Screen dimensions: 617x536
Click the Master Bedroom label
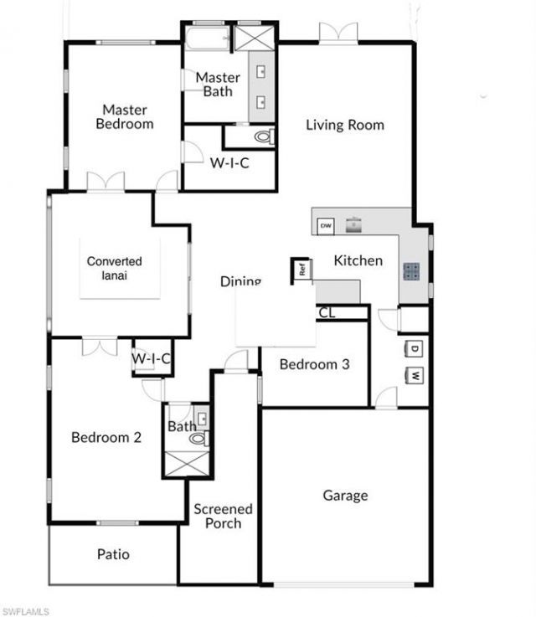coord(125,116)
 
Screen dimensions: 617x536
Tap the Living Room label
coord(344,125)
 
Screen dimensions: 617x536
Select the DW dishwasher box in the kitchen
coord(326,225)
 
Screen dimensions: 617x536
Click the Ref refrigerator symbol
coord(301,270)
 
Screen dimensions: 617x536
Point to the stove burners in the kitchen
coord(412,270)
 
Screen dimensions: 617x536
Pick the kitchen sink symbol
coord(355,224)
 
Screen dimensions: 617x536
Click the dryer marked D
coord(415,347)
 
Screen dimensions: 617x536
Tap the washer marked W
coord(415,374)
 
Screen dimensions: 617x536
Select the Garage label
coord(345,495)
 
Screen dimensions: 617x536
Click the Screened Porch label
coord(223,516)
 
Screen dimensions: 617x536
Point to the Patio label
coord(113,554)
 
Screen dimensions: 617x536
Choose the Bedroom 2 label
coord(106,437)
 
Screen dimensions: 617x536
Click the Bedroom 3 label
coord(314,364)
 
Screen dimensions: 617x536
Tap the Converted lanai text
coord(115,268)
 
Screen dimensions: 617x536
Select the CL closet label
coord(327,312)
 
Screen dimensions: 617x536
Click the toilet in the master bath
coord(262,136)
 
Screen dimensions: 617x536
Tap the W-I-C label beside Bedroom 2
coord(152,359)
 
